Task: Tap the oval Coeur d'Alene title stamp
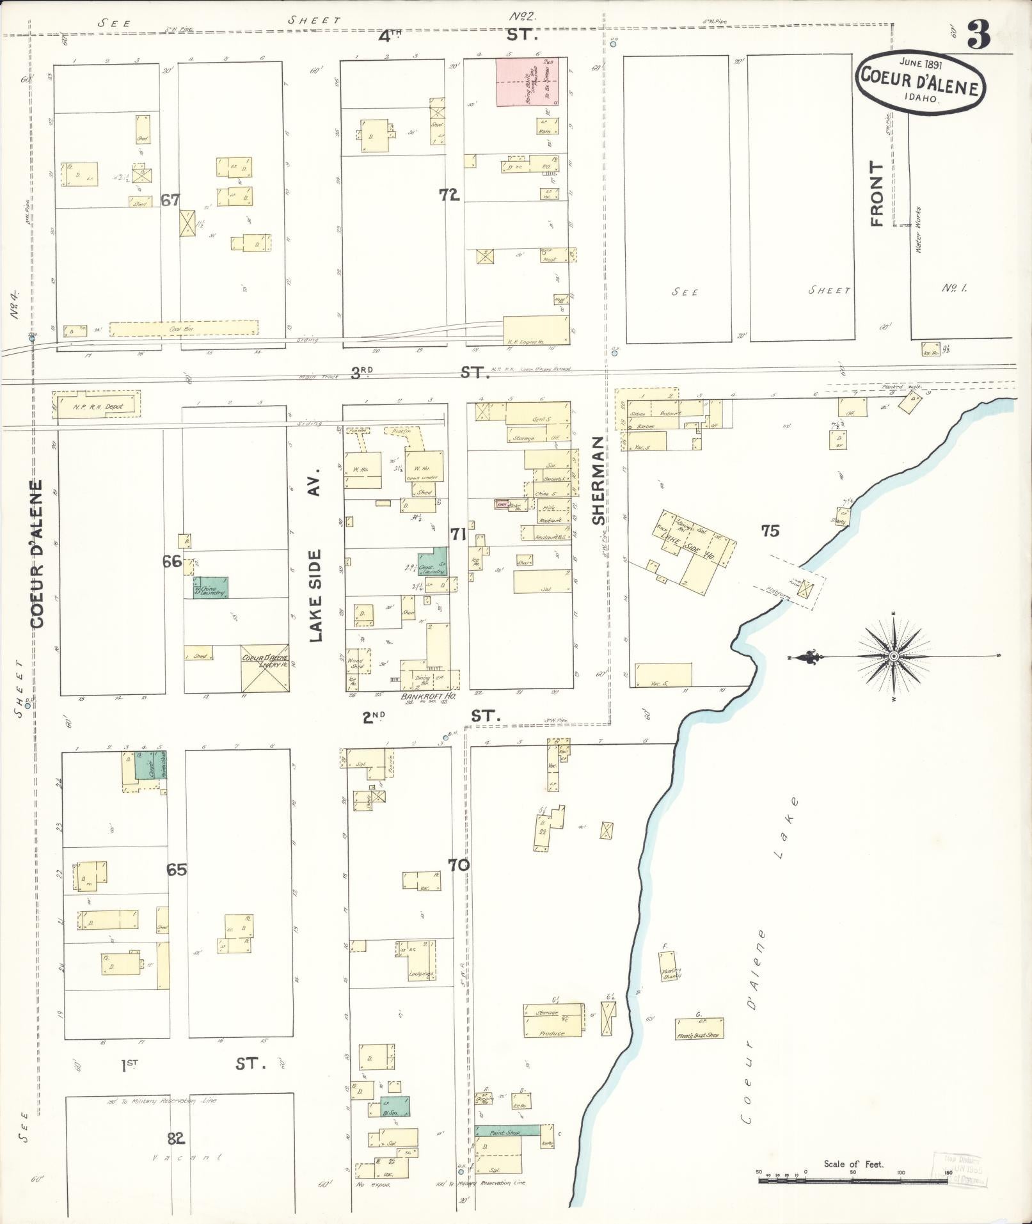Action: point(920,84)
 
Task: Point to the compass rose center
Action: point(894,656)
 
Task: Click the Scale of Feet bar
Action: point(853,1179)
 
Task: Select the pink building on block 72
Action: point(527,81)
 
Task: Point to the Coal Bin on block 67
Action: point(184,328)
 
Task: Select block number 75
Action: point(770,530)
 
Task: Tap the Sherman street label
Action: point(598,481)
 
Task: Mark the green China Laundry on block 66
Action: point(210,587)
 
